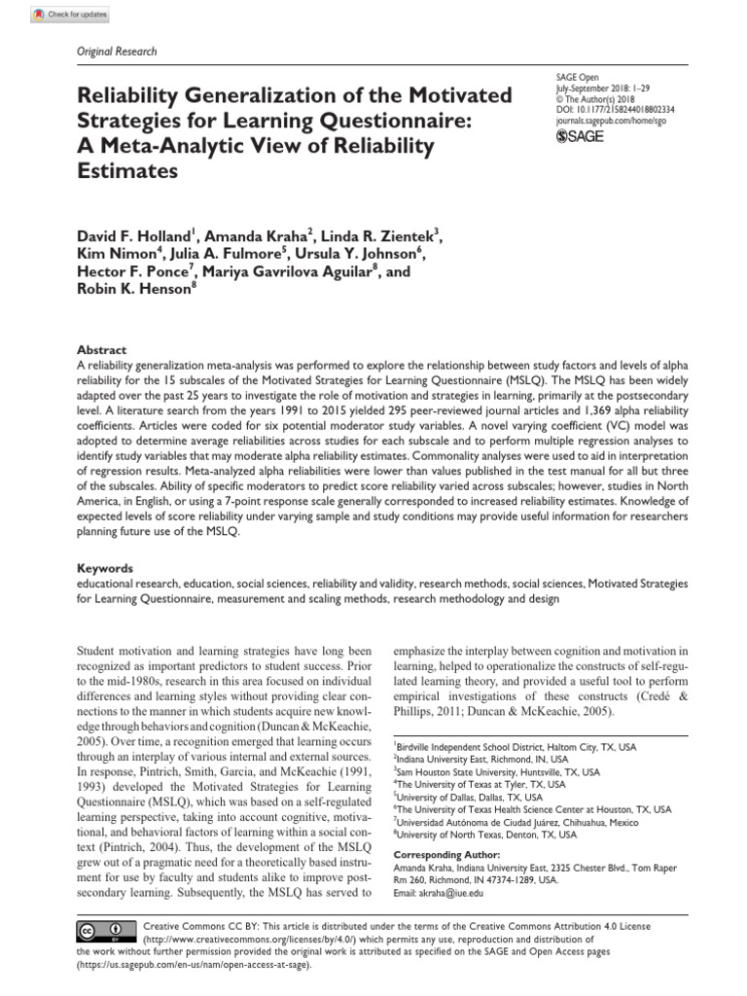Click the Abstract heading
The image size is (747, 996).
coord(101,350)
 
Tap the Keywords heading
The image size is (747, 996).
coord(105,568)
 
